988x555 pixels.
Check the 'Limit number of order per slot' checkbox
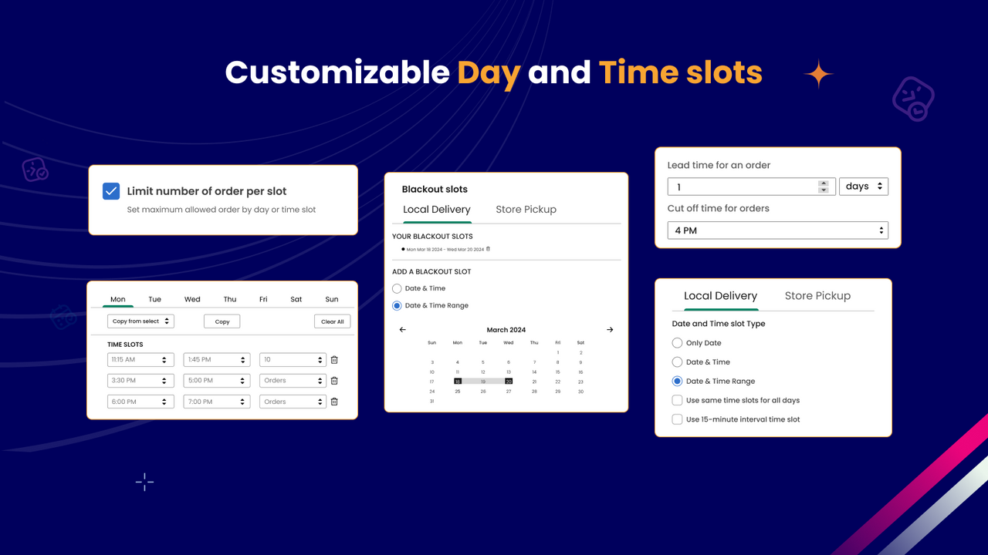coord(111,191)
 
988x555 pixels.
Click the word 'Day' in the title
coord(488,73)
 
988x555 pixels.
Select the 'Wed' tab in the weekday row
coord(192,299)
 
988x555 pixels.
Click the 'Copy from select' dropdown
coord(140,321)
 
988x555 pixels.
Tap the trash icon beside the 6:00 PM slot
coord(334,402)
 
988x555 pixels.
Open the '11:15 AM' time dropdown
coord(139,360)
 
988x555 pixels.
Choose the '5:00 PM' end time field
coord(216,381)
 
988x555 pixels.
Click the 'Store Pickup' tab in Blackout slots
coord(526,210)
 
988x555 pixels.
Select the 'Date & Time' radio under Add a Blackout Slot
coord(397,288)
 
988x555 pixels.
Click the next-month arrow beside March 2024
coord(610,330)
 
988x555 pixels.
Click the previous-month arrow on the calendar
coord(402,330)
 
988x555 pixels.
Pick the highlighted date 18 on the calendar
coord(458,381)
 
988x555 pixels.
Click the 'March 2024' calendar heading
coord(506,330)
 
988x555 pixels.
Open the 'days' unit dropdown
coord(863,187)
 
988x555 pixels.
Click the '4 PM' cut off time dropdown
coord(777,230)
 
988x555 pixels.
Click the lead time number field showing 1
coord(741,187)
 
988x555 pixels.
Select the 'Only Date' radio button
coord(677,343)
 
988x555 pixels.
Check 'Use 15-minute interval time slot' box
coord(677,419)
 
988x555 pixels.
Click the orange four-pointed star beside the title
coord(818,74)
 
